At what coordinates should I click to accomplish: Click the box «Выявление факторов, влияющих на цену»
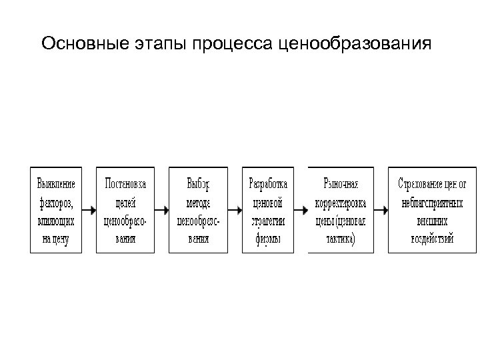pos(56,210)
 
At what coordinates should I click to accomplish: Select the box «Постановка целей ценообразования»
pos(125,210)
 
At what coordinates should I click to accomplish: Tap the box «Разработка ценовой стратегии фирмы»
pos(267,210)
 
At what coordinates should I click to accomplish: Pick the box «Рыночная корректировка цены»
pos(341,210)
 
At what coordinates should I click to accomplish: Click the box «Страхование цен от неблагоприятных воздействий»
pos(433,210)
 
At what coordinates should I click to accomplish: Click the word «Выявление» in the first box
pos(56,183)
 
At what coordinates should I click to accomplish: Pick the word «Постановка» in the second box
pos(125,183)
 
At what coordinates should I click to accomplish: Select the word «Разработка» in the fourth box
pos(267,183)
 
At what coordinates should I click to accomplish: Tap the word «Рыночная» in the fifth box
pos(341,183)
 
